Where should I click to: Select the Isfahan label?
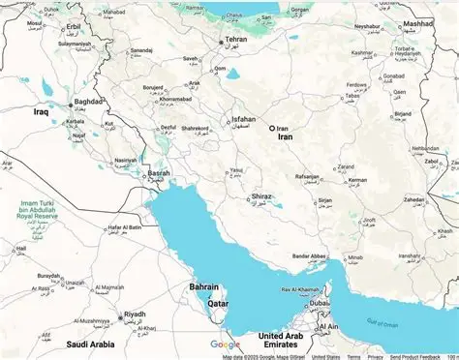(x=244, y=121)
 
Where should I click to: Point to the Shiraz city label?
(x=261, y=196)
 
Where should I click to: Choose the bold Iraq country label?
(x=42, y=112)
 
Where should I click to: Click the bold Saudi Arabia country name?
(x=90, y=344)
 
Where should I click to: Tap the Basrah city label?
(x=158, y=174)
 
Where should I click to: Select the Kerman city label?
(x=357, y=180)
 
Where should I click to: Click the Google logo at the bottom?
(x=226, y=344)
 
